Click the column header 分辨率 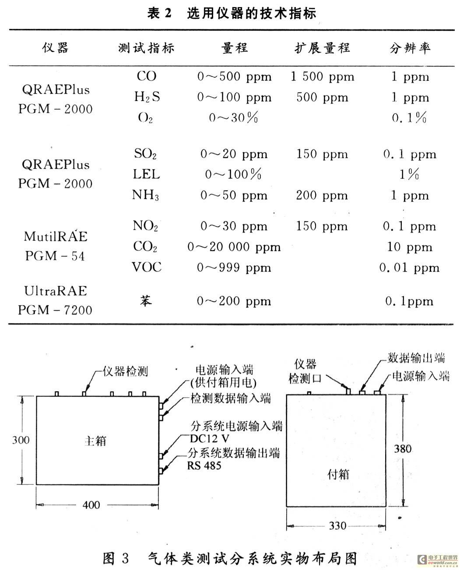coord(410,49)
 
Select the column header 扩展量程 coord(322,48)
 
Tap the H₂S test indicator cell coord(147,97)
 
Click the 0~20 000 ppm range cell coord(234,247)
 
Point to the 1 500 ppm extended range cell coord(323,77)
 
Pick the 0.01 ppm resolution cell coord(409,268)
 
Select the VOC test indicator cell coord(147,267)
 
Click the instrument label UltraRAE coord(56,291)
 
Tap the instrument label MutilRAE coord(56,236)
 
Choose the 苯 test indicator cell coord(146,301)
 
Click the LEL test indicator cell coord(147,174)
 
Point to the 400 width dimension coord(91,505)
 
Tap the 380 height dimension coord(403,449)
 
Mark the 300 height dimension coord(21,440)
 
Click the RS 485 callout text coord(204,466)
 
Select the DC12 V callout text coord(210,439)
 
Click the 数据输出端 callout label coord(416,358)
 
